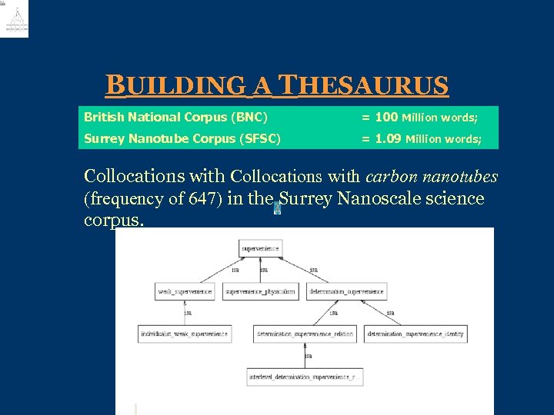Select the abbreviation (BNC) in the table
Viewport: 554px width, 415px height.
tap(249, 118)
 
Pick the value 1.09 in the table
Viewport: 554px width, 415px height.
tap(388, 139)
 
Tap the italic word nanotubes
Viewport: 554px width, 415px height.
tap(465, 177)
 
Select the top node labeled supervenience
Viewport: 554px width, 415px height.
tap(261, 248)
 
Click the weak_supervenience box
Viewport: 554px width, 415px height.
tap(185, 292)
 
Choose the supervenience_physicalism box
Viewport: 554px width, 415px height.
tap(260, 292)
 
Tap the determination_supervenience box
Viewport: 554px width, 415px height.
tap(346, 292)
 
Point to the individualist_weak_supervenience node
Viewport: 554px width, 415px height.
tap(185, 334)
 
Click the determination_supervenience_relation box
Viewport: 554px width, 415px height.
tap(305, 334)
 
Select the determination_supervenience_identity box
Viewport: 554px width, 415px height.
tap(415, 334)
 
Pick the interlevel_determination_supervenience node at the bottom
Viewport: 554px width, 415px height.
tap(305, 377)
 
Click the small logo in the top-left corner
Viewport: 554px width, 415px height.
tap(15, 19)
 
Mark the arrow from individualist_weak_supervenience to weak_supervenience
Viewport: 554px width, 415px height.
tap(185, 313)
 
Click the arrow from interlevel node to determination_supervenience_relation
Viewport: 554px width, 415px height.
tap(305, 356)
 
